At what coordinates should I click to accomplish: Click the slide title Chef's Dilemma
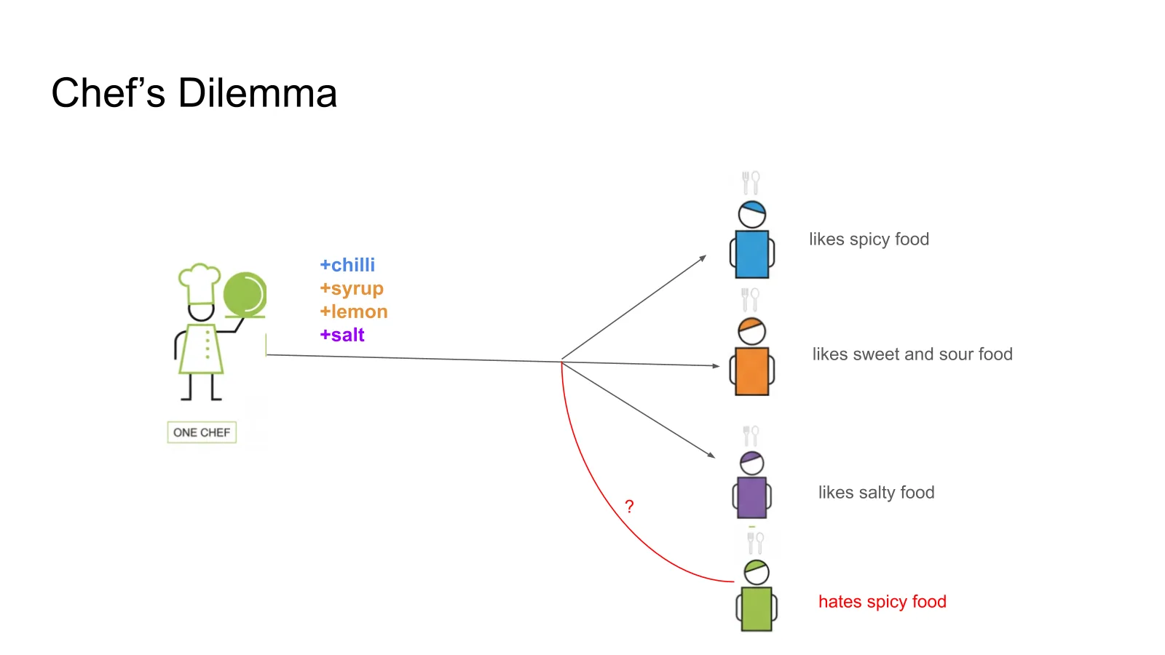pos(194,93)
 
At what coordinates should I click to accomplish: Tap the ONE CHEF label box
pos(202,432)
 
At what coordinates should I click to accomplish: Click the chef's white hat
pos(200,283)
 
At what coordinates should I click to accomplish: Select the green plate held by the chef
pos(245,295)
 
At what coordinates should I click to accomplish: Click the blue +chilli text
pos(347,265)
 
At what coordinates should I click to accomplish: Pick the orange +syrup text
pos(352,288)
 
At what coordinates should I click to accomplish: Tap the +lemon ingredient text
pos(354,311)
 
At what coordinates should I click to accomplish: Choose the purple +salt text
pos(342,335)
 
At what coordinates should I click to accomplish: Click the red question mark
pos(629,507)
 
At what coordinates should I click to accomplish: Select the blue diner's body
pos(752,254)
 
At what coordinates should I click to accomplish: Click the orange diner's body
pos(752,371)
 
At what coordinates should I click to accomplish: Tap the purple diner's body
pos(752,498)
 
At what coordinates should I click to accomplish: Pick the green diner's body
pos(757,608)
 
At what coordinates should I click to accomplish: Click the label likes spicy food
pos(869,239)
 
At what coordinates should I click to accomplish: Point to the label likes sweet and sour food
pos(913,354)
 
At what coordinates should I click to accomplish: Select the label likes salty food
pos(877,492)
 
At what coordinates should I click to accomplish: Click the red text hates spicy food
pos(882,601)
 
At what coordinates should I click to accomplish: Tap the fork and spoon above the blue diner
pos(751,183)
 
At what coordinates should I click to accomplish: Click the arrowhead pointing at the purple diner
pos(711,455)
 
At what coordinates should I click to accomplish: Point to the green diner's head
pos(757,572)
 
